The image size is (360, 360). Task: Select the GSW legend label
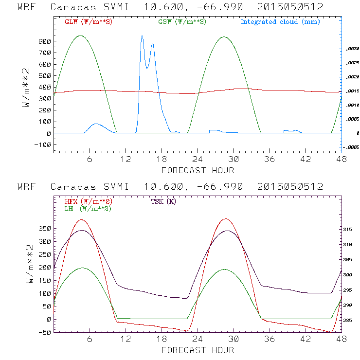[x=180, y=22]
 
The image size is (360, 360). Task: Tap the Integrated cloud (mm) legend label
[x=280, y=22]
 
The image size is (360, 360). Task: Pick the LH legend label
[x=88, y=208]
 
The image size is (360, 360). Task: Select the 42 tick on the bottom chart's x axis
[x=306, y=340]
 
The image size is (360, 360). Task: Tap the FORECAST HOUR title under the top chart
[x=198, y=170]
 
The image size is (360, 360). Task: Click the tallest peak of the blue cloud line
[x=142, y=36]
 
